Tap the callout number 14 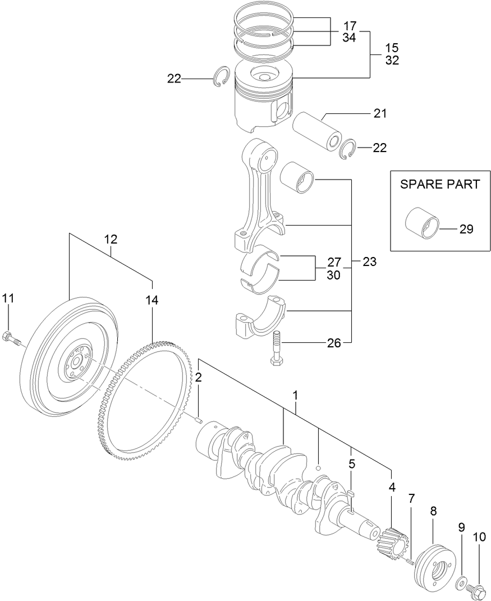pyautogui.click(x=152, y=300)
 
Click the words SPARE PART pyautogui.click(x=439, y=184)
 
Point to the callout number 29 pyautogui.click(x=466, y=229)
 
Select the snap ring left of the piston pyautogui.click(x=222, y=77)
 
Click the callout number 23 pyautogui.click(x=369, y=261)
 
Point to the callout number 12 pyautogui.click(x=111, y=239)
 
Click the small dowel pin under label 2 pyautogui.click(x=199, y=416)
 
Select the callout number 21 pyautogui.click(x=380, y=114)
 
